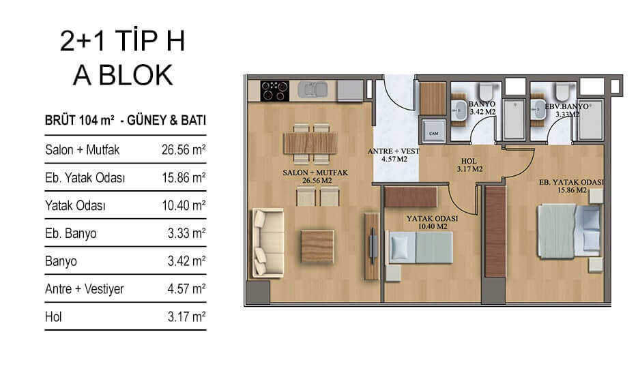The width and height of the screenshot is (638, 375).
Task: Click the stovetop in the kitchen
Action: click(x=275, y=91)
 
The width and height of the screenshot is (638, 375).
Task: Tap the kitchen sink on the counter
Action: click(x=312, y=89)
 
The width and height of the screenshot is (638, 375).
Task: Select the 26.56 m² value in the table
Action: click(x=184, y=150)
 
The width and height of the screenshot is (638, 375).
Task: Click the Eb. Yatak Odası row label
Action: click(x=85, y=178)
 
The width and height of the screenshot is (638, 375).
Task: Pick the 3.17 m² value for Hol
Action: click(x=186, y=316)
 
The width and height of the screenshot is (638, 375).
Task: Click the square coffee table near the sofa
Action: click(x=317, y=246)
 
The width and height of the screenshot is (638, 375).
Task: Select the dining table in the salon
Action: click(x=310, y=142)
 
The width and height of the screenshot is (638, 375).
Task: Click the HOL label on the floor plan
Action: click(x=469, y=161)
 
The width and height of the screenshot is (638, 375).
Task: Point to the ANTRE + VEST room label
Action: click(x=394, y=151)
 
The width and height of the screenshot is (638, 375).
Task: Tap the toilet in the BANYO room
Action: click(x=485, y=91)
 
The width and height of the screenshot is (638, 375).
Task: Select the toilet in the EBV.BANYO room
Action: click(x=564, y=91)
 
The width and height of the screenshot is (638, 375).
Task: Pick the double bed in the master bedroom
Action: click(x=569, y=231)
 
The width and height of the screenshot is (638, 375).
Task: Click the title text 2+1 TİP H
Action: click(x=122, y=41)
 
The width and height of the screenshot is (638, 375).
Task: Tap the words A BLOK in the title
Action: click(x=123, y=75)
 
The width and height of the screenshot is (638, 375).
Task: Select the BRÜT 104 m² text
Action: click(x=79, y=121)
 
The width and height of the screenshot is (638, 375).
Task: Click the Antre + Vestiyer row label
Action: click(x=84, y=289)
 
